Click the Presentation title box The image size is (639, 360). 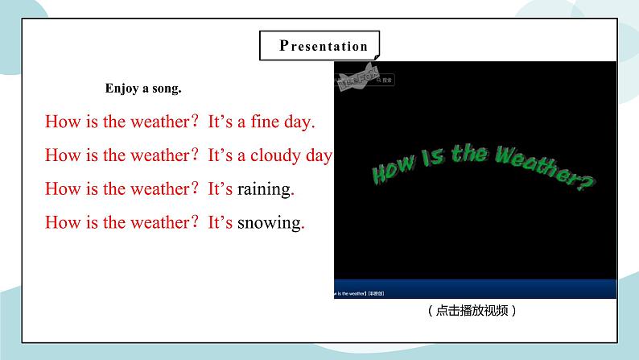click(320, 46)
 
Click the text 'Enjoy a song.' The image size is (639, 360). click(143, 89)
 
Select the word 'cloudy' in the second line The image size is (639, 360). click(274, 156)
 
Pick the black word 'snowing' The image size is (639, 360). click(269, 223)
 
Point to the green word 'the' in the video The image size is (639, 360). click(468, 154)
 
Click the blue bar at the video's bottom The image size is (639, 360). click(475, 289)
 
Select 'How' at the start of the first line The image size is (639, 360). click(60, 122)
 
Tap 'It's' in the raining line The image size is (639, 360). click(221, 189)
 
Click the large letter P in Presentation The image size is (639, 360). click(284, 45)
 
